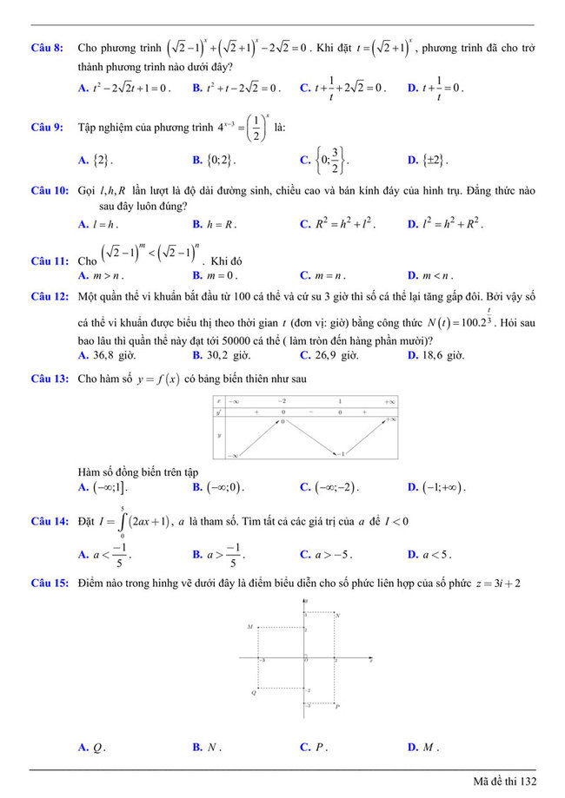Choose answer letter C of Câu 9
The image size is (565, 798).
pyautogui.click(x=304, y=160)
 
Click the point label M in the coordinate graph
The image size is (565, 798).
pyautogui.click(x=249, y=626)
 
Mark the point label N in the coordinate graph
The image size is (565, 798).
pyautogui.click(x=337, y=615)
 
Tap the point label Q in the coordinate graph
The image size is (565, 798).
pyautogui.click(x=254, y=692)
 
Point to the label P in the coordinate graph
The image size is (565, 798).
pyautogui.click(x=337, y=707)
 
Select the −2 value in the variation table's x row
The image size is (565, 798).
pyautogui.click(x=282, y=402)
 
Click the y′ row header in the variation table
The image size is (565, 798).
pyautogui.click(x=219, y=413)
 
